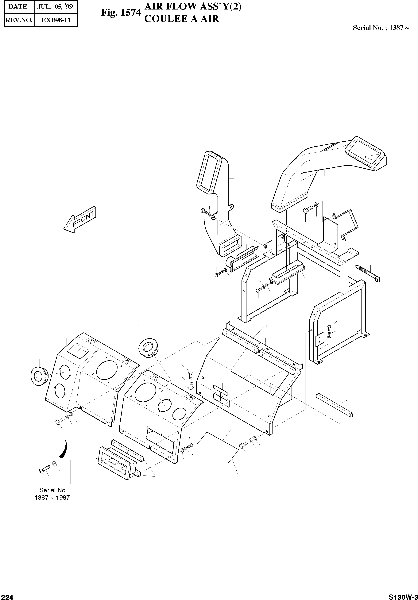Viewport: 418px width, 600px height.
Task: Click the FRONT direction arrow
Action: pyautogui.click(x=80, y=220)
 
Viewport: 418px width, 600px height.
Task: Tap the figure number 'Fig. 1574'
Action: pyautogui.click(x=121, y=13)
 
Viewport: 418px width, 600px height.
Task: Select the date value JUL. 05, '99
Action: pyautogui.click(x=55, y=7)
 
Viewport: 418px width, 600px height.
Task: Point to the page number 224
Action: pyautogui.click(x=6, y=596)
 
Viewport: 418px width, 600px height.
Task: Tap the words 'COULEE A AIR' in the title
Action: pyautogui.click(x=181, y=19)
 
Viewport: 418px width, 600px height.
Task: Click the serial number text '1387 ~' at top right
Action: pyautogui.click(x=399, y=28)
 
